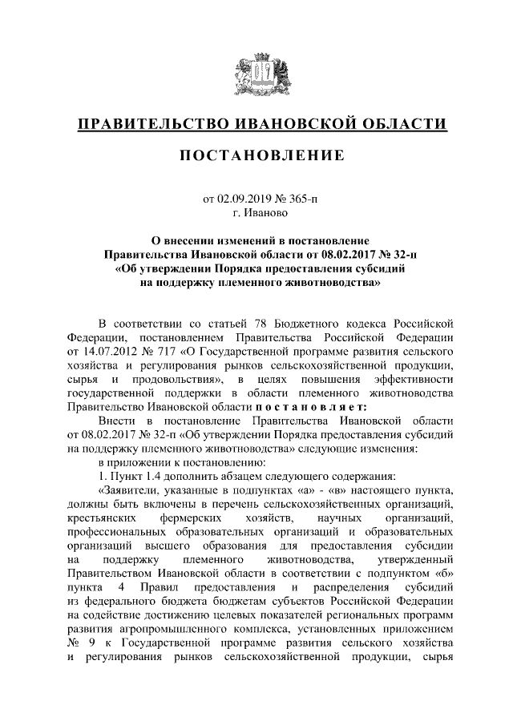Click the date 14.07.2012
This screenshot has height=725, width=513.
coord(108,352)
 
